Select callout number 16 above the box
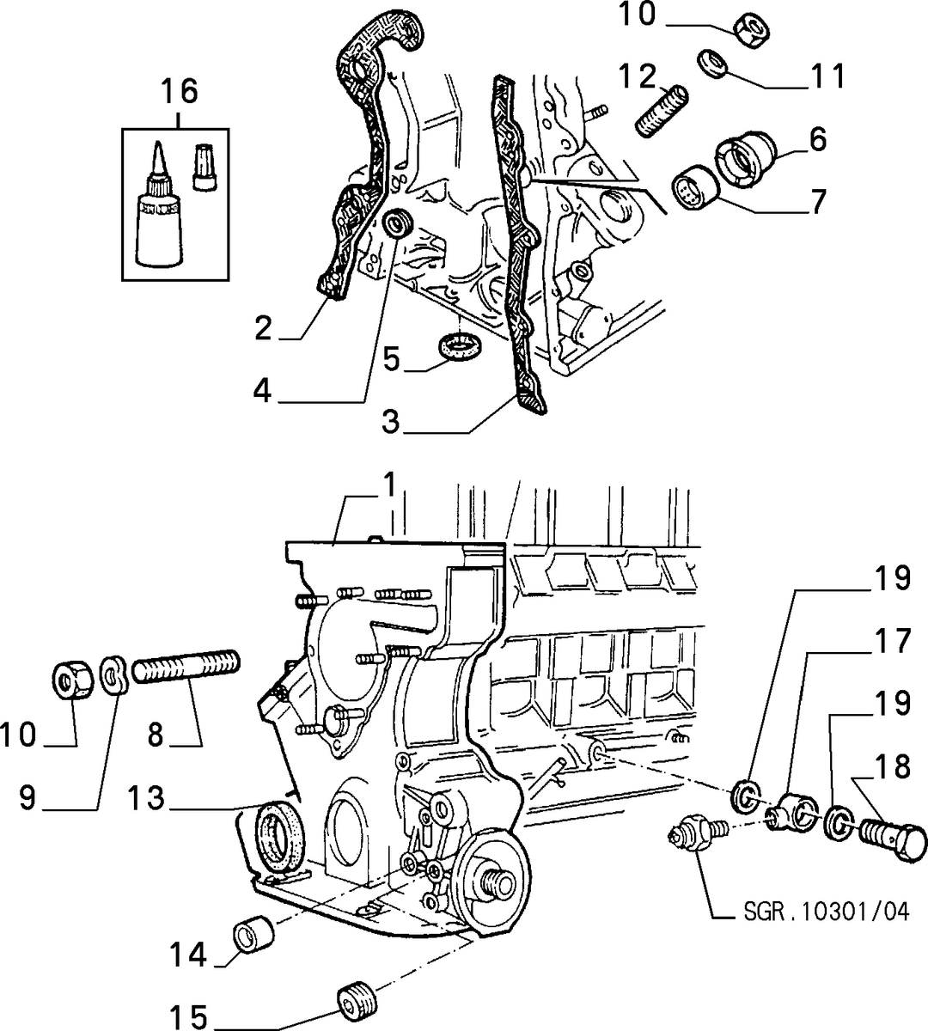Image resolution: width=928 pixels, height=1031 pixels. [180, 90]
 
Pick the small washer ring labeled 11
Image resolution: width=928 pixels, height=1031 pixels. [712, 64]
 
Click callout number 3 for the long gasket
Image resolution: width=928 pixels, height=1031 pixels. [391, 422]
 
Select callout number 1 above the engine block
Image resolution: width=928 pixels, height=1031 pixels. [390, 485]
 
